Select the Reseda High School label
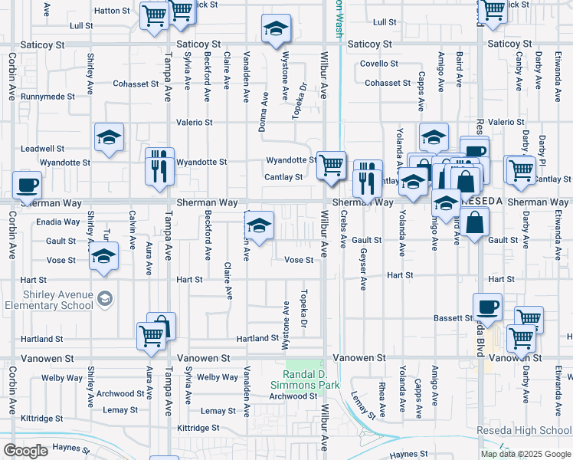524,431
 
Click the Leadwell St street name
42,148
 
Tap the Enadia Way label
58,222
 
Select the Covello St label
380,64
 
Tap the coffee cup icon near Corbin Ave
28,185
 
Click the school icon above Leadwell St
109,138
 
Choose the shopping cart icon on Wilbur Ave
330,164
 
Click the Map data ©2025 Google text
526,453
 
